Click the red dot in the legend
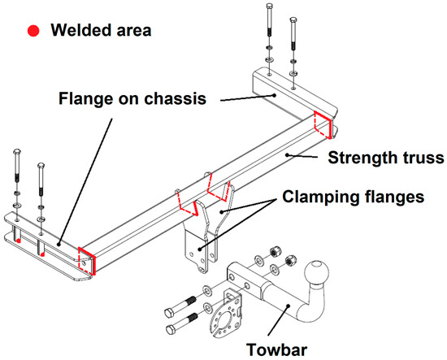point(33,31)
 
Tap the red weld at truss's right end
point(323,126)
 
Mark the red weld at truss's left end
point(86,262)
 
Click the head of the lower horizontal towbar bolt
point(172,330)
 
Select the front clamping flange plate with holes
point(197,252)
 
